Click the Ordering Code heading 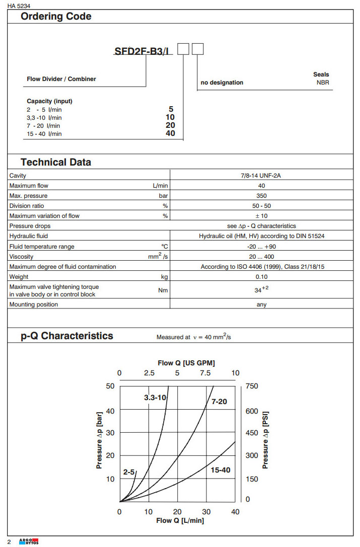click(56, 17)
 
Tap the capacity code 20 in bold click(170, 125)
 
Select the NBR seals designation click(323, 83)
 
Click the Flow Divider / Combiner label click(61, 79)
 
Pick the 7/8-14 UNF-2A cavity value click(261, 176)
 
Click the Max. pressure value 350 click(261, 196)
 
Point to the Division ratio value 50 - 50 click(261, 206)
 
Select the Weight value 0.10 click(261, 277)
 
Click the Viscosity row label click(21, 257)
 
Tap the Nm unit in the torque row click(163, 290)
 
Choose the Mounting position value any click(261, 304)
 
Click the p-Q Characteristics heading click(67, 336)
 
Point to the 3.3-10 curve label click(155, 398)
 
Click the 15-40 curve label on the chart click(220, 470)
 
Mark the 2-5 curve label click(129, 472)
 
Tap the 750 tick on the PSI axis click(251, 386)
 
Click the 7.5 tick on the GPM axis click(205, 373)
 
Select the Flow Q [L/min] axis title click(180, 520)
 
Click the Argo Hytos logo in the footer click(29, 541)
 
